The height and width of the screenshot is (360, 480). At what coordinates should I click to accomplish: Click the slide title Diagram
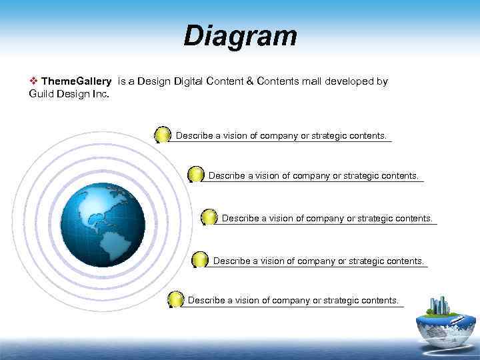tap(240, 36)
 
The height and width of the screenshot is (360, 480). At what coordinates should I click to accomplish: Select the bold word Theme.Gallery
tap(76, 81)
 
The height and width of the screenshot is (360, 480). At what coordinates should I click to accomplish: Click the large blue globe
tap(103, 225)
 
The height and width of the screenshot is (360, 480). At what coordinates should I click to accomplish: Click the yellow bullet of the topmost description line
tap(163, 135)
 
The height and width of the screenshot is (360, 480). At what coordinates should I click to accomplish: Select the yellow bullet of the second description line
tap(195, 175)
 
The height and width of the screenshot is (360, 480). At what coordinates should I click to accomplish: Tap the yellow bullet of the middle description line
tap(209, 217)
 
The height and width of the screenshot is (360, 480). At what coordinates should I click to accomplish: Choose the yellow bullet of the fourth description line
tap(200, 260)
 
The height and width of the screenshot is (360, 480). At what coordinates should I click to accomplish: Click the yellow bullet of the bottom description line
tap(175, 299)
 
